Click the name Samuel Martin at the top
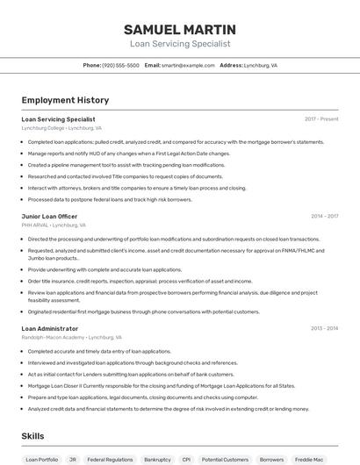179,29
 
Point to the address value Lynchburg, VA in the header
261,65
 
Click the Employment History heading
65,100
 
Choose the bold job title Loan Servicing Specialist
58,118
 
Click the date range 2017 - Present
321,118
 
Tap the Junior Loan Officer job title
49,216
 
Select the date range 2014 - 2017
324,216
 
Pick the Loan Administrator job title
50,328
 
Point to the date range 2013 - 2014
324,328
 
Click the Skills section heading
32,435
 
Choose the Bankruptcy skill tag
157,459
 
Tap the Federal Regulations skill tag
110,459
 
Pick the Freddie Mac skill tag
309,459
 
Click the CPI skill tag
186,459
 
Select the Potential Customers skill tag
225,459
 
